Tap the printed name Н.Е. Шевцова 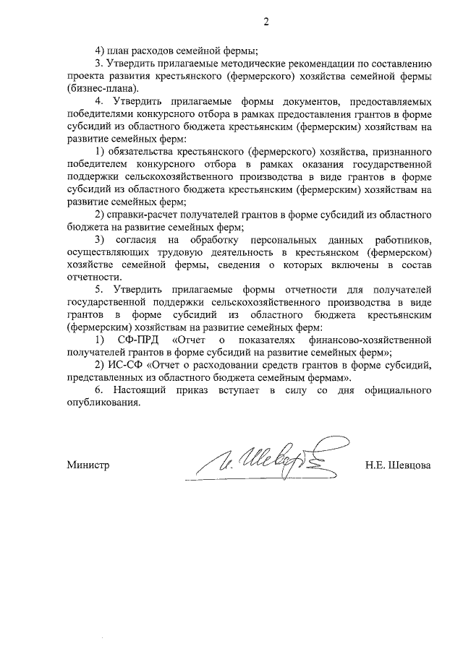pyautogui.click(x=398, y=465)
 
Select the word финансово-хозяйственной pyautogui.click(x=373, y=340)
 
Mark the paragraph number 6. pyautogui.click(x=99, y=390)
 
